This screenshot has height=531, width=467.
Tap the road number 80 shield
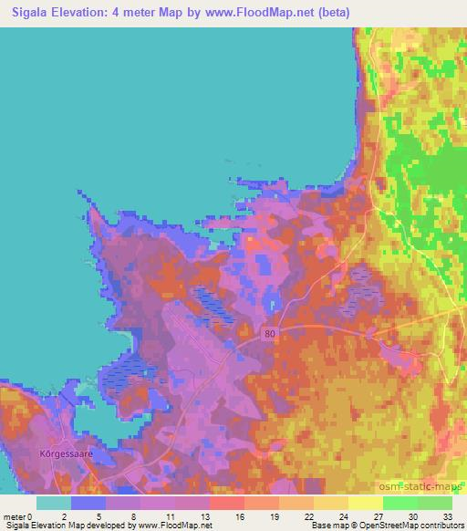[268, 335]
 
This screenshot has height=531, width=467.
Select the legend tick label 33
[446, 516]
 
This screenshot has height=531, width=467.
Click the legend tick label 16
[239, 516]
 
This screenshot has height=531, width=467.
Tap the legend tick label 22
[308, 516]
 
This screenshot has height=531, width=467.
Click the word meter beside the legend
[16, 516]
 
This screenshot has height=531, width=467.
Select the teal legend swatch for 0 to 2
[54, 503]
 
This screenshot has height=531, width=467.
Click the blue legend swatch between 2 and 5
[88, 503]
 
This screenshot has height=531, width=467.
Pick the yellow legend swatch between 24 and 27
[365, 503]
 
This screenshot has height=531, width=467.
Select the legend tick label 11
[171, 516]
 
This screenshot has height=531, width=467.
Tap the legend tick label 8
[136, 516]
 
